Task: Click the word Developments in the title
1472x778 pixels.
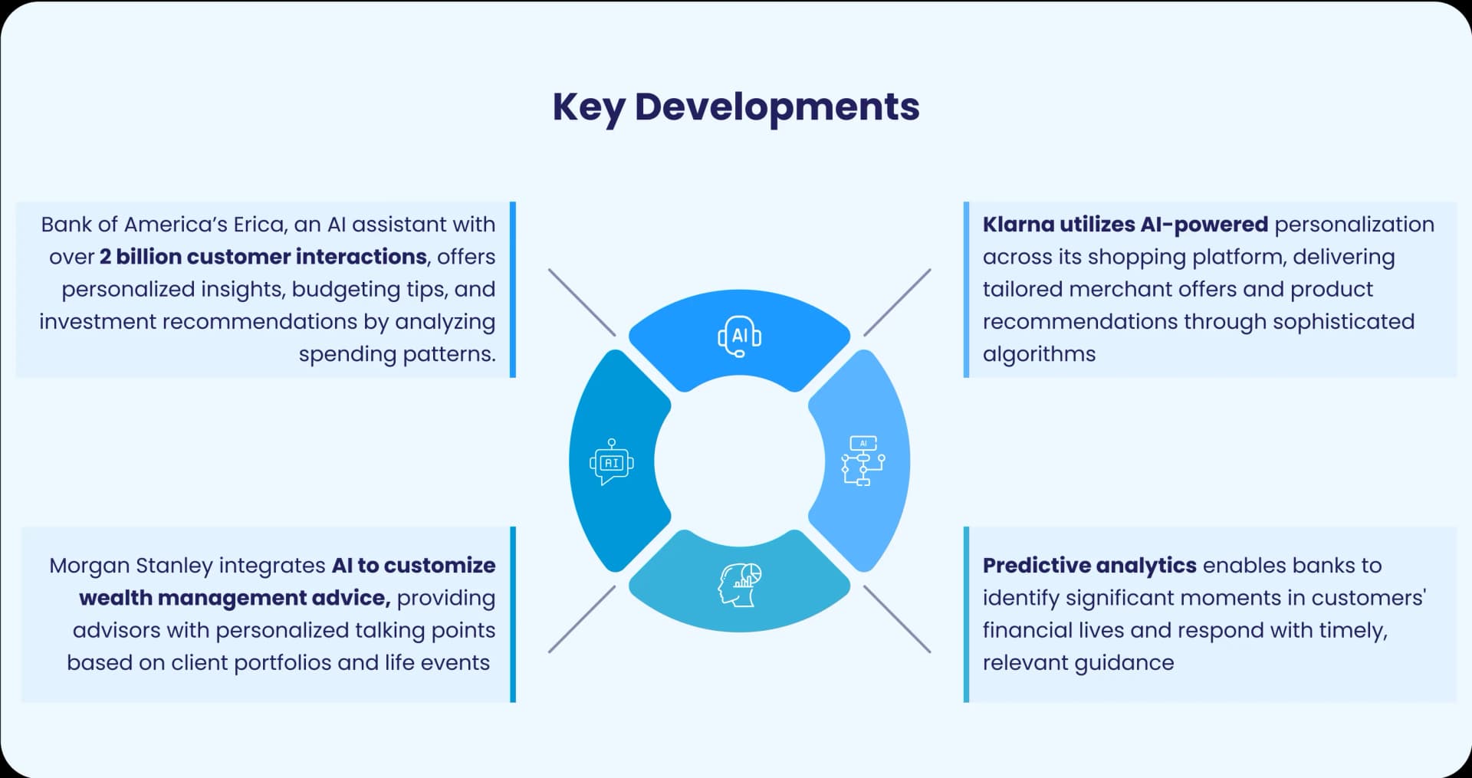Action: coord(777,107)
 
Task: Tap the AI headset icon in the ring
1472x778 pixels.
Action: coord(739,337)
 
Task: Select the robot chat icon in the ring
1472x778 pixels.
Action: coord(612,461)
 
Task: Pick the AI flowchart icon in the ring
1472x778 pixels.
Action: coord(863,461)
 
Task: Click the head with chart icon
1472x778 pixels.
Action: coord(740,585)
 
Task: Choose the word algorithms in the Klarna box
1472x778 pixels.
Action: coord(1039,354)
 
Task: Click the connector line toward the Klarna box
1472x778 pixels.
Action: coord(897,303)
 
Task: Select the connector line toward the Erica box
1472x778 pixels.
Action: coord(582,303)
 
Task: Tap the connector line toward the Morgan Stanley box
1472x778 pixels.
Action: coord(582,619)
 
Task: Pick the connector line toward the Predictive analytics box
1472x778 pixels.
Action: coord(897,619)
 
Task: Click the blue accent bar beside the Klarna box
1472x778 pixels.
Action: coord(966,290)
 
